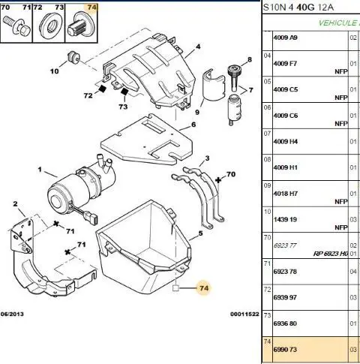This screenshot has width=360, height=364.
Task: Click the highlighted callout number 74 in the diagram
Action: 204,288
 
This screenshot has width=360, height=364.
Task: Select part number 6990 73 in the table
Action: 285,350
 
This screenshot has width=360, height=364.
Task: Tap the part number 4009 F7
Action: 285,64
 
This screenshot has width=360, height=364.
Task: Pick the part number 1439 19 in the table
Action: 285,219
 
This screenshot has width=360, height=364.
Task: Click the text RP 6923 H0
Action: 331,254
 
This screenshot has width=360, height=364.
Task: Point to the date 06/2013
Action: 12,314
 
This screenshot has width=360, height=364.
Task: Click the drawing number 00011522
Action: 244,314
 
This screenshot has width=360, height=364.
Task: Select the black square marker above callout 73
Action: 124,92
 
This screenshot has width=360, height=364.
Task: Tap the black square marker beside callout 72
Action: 102,89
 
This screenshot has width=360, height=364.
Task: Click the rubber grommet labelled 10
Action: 73,58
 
